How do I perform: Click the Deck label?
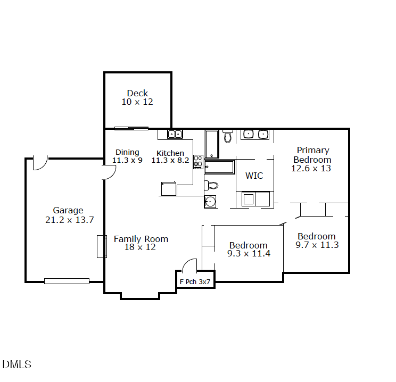(x=137, y=93)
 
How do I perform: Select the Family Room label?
(x=141, y=239)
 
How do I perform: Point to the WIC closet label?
(x=254, y=176)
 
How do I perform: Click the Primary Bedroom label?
(x=312, y=155)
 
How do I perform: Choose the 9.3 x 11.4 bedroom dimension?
(x=249, y=254)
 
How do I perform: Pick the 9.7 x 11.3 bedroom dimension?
(x=317, y=245)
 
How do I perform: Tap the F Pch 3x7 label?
(x=195, y=281)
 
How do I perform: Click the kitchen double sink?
(x=175, y=134)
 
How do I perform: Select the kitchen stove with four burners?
(x=198, y=161)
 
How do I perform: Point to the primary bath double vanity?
(x=255, y=134)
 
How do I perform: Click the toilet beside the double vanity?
(x=228, y=136)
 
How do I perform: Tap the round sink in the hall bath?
(x=210, y=202)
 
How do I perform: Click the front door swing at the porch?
(x=189, y=264)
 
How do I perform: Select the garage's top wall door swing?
(x=40, y=162)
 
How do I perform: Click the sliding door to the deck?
(x=131, y=128)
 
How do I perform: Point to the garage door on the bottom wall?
(x=67, y=281)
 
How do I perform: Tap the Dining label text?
(x=127, y=152)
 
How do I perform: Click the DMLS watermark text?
(x=17, y=364)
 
